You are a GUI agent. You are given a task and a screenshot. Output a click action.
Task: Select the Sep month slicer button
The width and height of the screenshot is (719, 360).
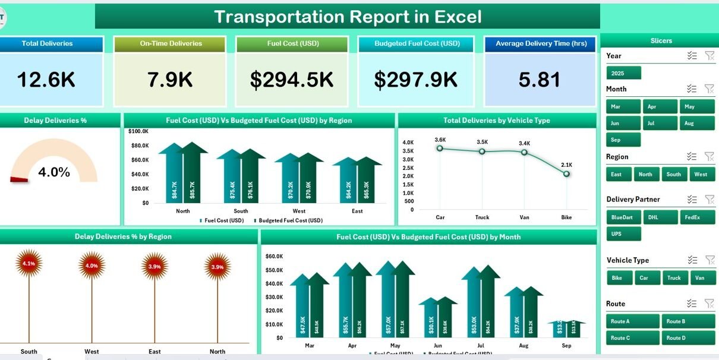[x=623, y=140]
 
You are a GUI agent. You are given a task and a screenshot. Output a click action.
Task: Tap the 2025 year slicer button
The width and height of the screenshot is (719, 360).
[x=623, y=73]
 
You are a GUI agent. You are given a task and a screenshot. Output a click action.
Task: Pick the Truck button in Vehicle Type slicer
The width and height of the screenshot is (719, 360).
[x=674, y=277]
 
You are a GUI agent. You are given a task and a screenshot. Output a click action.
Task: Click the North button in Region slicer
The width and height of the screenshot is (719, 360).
[x=645, y=174]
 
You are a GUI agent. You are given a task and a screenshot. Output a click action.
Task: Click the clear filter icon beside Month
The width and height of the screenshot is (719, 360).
[x=709, y=89]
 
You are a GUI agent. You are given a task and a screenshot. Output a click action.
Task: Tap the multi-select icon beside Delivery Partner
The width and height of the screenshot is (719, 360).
[x=692, y=200]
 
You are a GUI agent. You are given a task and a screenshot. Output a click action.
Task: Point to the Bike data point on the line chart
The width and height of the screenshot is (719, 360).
[x=566, y=173]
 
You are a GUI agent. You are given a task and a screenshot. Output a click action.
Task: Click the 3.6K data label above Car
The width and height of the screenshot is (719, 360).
[x=440, y=140]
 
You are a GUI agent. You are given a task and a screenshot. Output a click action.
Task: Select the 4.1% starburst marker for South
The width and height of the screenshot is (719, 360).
[x=29, y=264]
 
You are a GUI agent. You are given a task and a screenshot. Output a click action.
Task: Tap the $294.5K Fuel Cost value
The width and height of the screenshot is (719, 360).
[x=292, y=80]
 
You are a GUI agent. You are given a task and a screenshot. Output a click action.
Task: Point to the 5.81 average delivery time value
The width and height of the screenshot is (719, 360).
[x=540, y=80]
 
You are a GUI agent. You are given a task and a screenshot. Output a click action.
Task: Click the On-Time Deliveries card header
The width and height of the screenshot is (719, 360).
[x=171, y=44]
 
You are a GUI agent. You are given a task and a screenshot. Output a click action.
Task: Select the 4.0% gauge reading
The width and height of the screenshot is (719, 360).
[x=54, y=172]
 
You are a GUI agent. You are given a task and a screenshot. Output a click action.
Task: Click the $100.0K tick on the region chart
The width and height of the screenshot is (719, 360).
[x=138, y=131]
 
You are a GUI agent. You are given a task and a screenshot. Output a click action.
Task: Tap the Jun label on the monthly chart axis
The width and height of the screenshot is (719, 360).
[x=438, y=345]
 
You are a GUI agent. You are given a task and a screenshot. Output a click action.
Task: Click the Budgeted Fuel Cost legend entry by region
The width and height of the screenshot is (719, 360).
[x=290, y=220]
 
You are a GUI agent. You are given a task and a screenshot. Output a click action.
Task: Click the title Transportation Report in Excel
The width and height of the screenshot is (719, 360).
[x=348, y=17]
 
